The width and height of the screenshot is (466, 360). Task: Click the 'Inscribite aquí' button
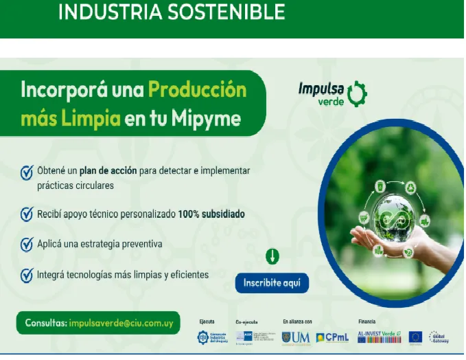tap(272, 282)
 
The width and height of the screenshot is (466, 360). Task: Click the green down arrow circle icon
tap(272, 257)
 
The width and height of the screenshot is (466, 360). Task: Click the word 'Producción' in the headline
tap(197, 90)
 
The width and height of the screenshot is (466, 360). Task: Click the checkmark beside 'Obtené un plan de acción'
tap(27, 172)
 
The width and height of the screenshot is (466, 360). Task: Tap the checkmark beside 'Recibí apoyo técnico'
tap(27, 214)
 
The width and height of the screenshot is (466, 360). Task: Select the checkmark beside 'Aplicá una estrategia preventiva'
tap(27, 245)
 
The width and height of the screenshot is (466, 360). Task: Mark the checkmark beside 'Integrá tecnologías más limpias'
tap(27, 275)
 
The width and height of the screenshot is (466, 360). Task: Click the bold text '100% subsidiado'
tap(211, 214)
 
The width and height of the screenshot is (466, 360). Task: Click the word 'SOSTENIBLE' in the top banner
tap(221, 12)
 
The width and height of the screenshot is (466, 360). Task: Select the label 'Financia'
tap(366, 321)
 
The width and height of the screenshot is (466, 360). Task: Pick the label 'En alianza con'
tap(297, 321)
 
